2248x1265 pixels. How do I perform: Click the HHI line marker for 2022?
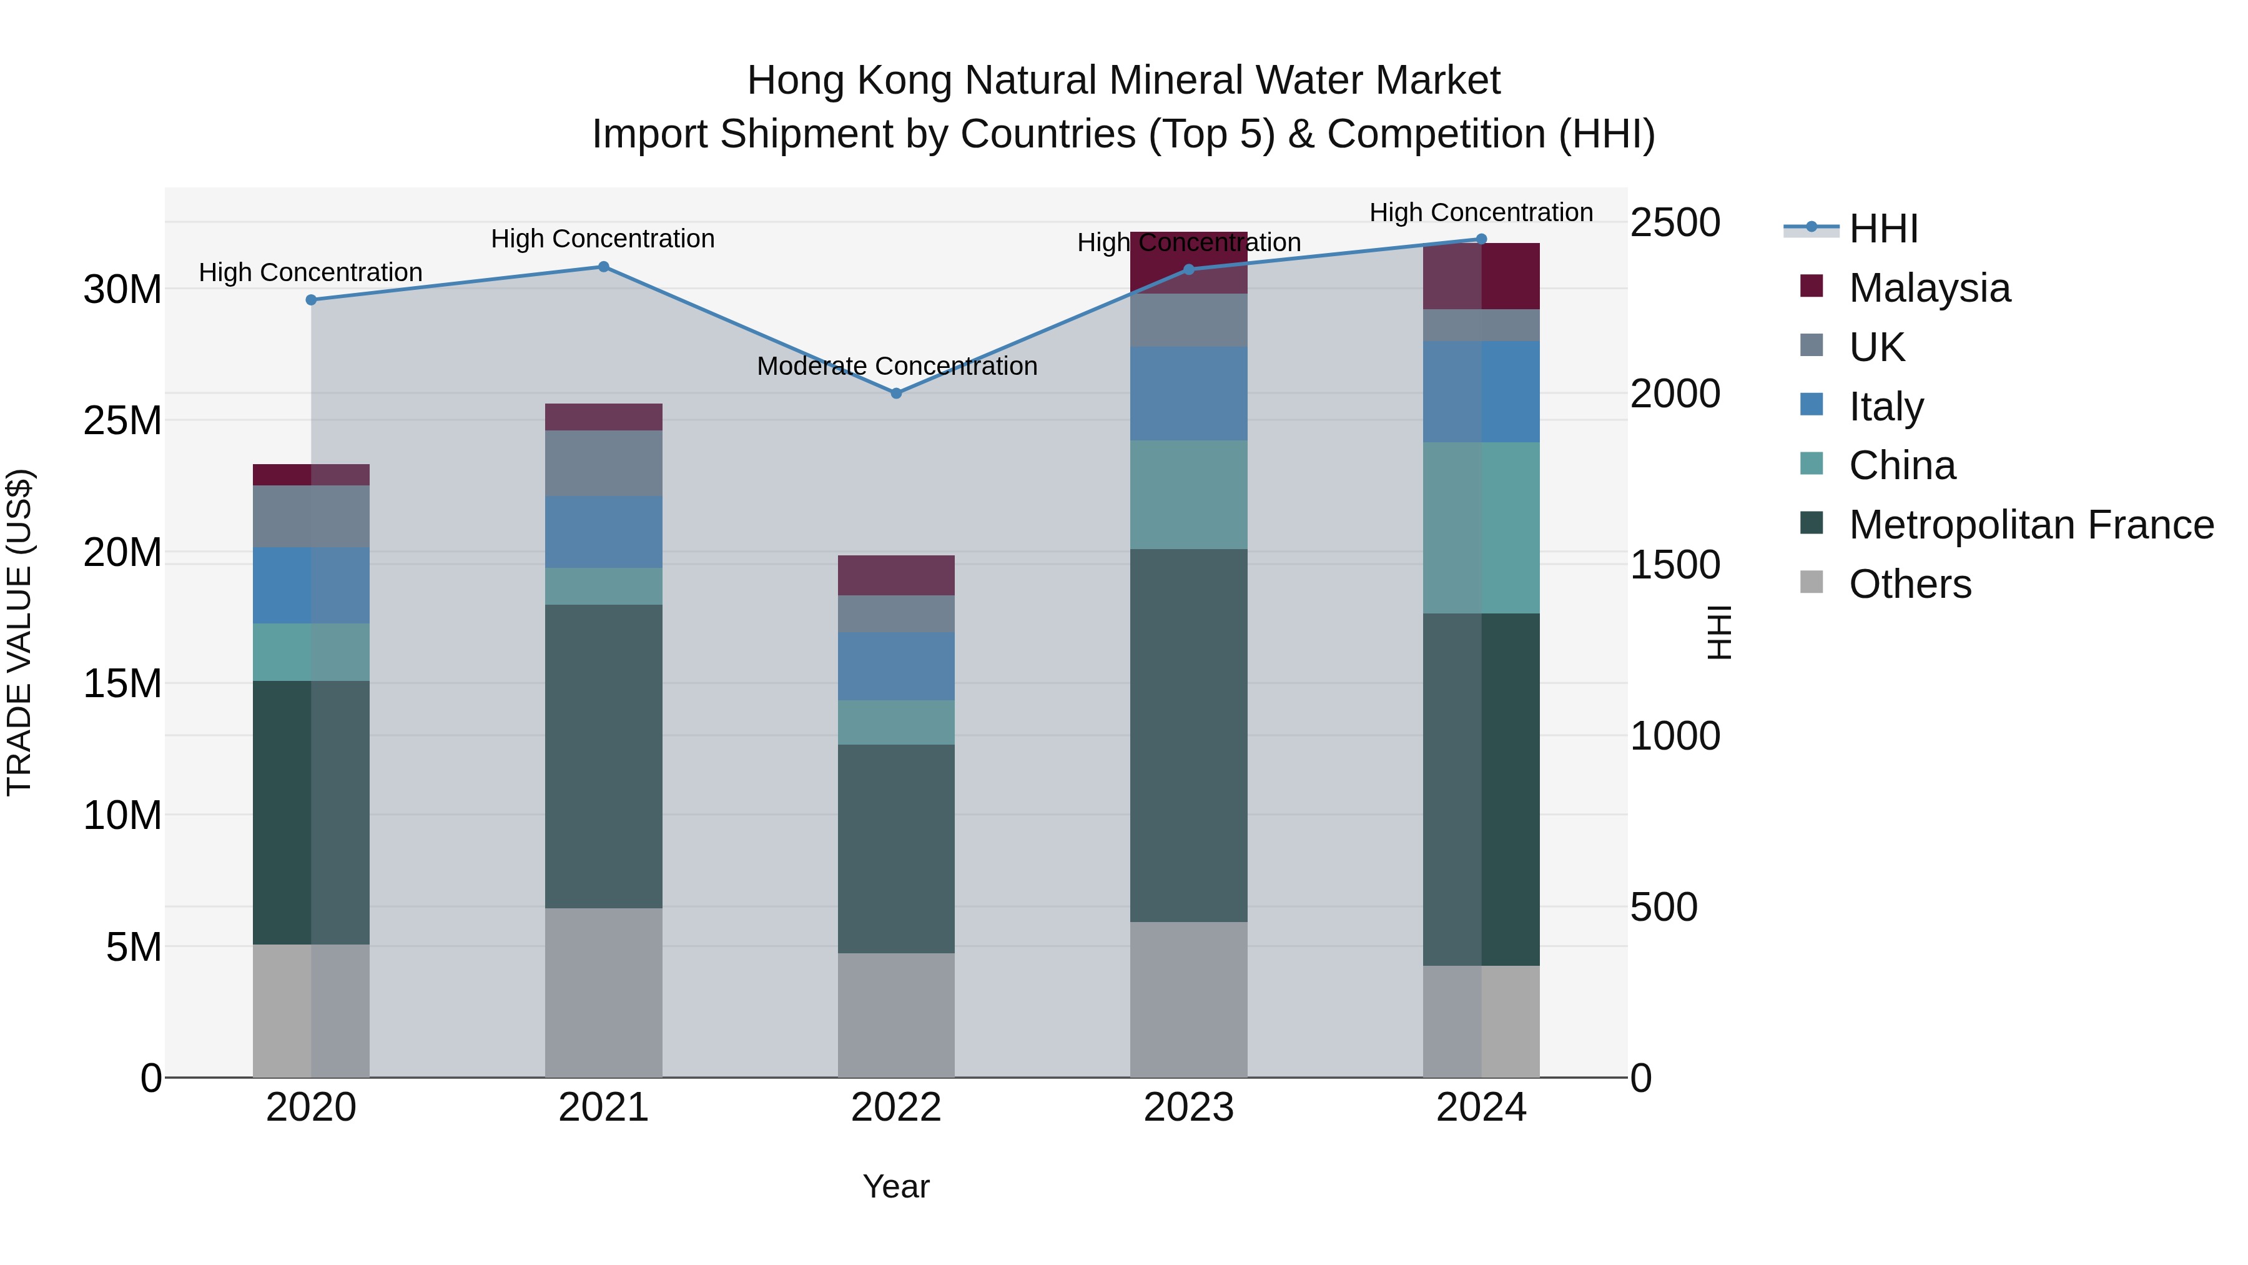click(x=895, y=394)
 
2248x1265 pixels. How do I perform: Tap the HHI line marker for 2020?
click(x=311, y=299)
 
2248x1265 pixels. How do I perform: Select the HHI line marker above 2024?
click(x=1481, y=239)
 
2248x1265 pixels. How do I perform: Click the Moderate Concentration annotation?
click(x=896, y=366)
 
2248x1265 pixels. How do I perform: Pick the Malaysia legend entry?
click(x=1929, y=288)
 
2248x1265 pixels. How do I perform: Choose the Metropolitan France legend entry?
click(x=2030, y=525)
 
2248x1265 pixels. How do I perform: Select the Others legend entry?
click(x=1910, y=584)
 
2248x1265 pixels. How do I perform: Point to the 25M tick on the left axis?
click(x=122, y=421)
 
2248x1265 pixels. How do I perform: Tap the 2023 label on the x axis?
click(x=1188, y=1108)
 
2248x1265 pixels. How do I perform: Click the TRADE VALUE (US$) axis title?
click(x=19, y=632)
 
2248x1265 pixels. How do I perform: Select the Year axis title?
click(x=895, y=1186)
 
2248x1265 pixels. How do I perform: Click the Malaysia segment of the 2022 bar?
click(x=895, y=575)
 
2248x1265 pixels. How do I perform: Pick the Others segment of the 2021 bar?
click(x=603, y=992)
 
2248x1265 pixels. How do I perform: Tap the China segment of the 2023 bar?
click(x=1188, y=494)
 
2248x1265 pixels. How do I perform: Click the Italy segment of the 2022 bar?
click(x=895, y=666)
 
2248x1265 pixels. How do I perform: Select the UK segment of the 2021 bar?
click(x=603, y=463)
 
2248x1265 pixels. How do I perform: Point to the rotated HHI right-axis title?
click(x=1717, y=632)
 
